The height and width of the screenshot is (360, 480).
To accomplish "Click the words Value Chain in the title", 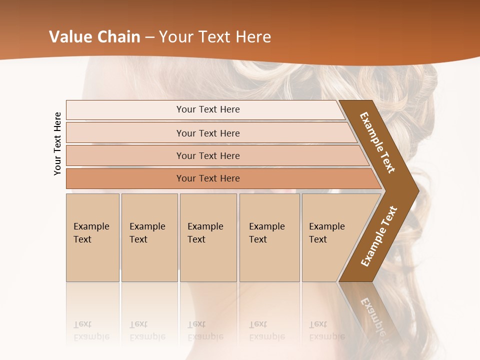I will [x=94, y=37].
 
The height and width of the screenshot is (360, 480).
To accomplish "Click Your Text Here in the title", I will [x=215, y=37].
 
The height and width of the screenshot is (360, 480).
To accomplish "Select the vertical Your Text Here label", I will [x=57, y=143].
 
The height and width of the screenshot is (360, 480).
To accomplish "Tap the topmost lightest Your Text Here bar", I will [x=207, y=109].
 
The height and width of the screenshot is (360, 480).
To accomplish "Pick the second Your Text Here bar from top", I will [x=207, y=133].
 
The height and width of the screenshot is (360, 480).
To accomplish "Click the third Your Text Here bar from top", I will [x=207, y=155].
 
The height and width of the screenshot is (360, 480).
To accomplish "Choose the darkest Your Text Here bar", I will [x=207, y=178].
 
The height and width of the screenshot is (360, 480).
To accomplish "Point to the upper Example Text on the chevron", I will [x=377, y=142].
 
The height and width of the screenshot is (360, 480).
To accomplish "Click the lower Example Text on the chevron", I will [x=378, y=236].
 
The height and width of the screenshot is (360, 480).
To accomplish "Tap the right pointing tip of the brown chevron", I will [x=416, y=190].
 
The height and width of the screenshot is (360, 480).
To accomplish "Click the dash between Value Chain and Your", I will [x=149, y=37].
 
